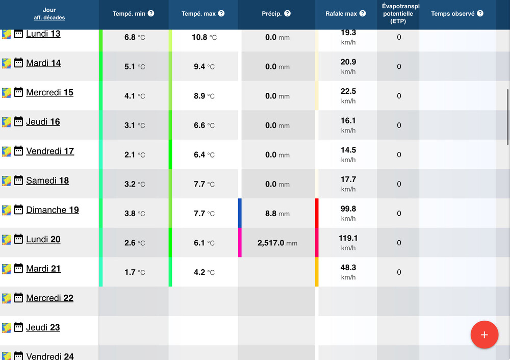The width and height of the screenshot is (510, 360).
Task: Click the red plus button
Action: pyautogui.click(x=484, y=335)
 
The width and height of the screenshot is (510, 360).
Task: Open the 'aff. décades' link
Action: pyautogui.click(x=49, y=18)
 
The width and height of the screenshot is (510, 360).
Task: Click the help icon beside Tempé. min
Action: pyautogui.click(x=151, y=13)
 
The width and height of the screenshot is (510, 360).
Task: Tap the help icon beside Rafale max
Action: pyautogui.click(x=362, y=13)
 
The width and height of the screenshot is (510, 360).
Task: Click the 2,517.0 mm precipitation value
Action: pyautogui.click(x=277, y=243)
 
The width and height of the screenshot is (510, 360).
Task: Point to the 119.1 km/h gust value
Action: pyautogui.click(x=348, y=238)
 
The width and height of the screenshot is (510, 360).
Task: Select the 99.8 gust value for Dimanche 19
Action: pyautogui.click(x=348, y=209)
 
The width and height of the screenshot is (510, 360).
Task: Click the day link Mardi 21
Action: pyautogui.click(x=43, y=269)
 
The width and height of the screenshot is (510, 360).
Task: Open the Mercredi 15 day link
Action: pyautogui.click(x=49, y=92)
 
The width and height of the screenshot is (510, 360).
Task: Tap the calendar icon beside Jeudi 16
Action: pyautogui.click(x=18, y=122)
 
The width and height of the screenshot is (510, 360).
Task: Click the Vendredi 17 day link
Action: pyautogui.click(x=50, y=151)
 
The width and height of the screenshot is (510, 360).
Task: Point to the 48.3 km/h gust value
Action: pyautogui.click(x=348, y=268)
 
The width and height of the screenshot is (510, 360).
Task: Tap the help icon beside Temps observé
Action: pyautogui.click(x=480, y=13)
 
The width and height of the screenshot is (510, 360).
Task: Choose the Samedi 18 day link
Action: pyautogui.click(x=47, y=181)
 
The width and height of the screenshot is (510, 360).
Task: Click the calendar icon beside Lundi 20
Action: pyautogui.click(x=18, y=239)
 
